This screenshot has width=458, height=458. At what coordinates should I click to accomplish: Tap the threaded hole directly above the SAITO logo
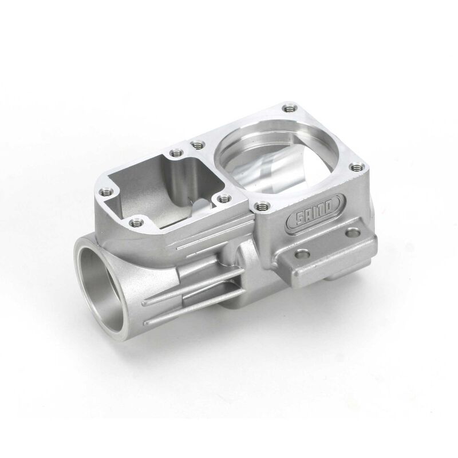coord(262,204)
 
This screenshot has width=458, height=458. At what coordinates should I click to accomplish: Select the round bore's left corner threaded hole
coord(197,143)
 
